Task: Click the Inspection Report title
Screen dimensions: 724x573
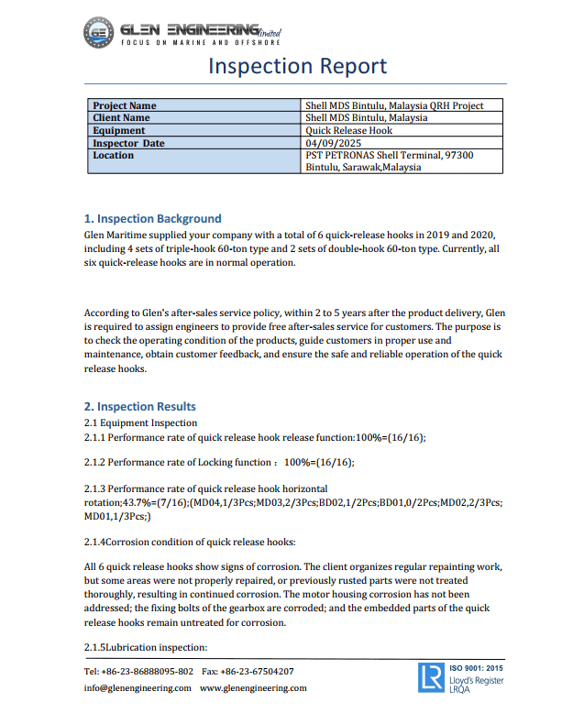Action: pos(297,66)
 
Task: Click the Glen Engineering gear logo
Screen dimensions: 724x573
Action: pos(98,33)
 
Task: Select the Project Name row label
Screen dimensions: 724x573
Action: pos(125,105)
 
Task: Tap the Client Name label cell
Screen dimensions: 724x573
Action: pos(121,117)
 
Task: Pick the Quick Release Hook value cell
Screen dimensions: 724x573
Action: pos(348,130)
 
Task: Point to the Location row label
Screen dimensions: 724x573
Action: pos(113,155)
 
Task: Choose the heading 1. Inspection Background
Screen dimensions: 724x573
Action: pos(152,219)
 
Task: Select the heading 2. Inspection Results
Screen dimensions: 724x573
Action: pos(139,406)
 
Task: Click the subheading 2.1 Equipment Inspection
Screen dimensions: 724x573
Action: pos(140,422)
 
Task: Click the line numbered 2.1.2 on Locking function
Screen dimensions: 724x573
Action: pos(219,462)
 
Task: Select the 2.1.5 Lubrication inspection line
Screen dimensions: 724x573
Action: pos(140,648)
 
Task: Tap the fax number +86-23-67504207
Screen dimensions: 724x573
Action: pos(261,671)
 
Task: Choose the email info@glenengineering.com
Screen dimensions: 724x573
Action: pos(138,687)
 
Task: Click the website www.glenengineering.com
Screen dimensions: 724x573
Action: pos(253,687)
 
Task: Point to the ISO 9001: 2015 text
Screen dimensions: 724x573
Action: pos(477,667)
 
